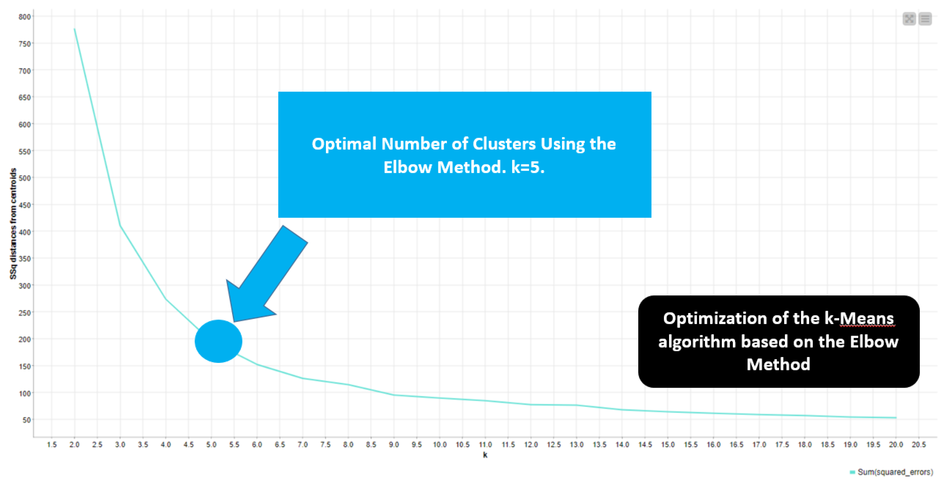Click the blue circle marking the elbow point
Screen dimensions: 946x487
pos(218,341)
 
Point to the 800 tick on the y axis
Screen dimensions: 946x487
pos(25,17)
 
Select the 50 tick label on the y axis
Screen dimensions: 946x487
pos(26,420)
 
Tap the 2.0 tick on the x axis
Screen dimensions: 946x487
pos(75,445)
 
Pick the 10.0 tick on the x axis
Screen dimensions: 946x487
pos(440,445)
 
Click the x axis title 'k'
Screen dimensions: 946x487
pos(485,455)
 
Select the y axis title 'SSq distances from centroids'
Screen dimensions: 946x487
pos(13,224)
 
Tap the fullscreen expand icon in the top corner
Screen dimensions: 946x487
pos(909,19)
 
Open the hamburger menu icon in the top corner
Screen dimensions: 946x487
pos(925,19)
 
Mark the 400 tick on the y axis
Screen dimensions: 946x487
pos(25,232)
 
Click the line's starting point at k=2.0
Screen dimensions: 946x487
pos(75,29)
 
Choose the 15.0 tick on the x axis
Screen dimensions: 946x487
pos(668,445)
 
